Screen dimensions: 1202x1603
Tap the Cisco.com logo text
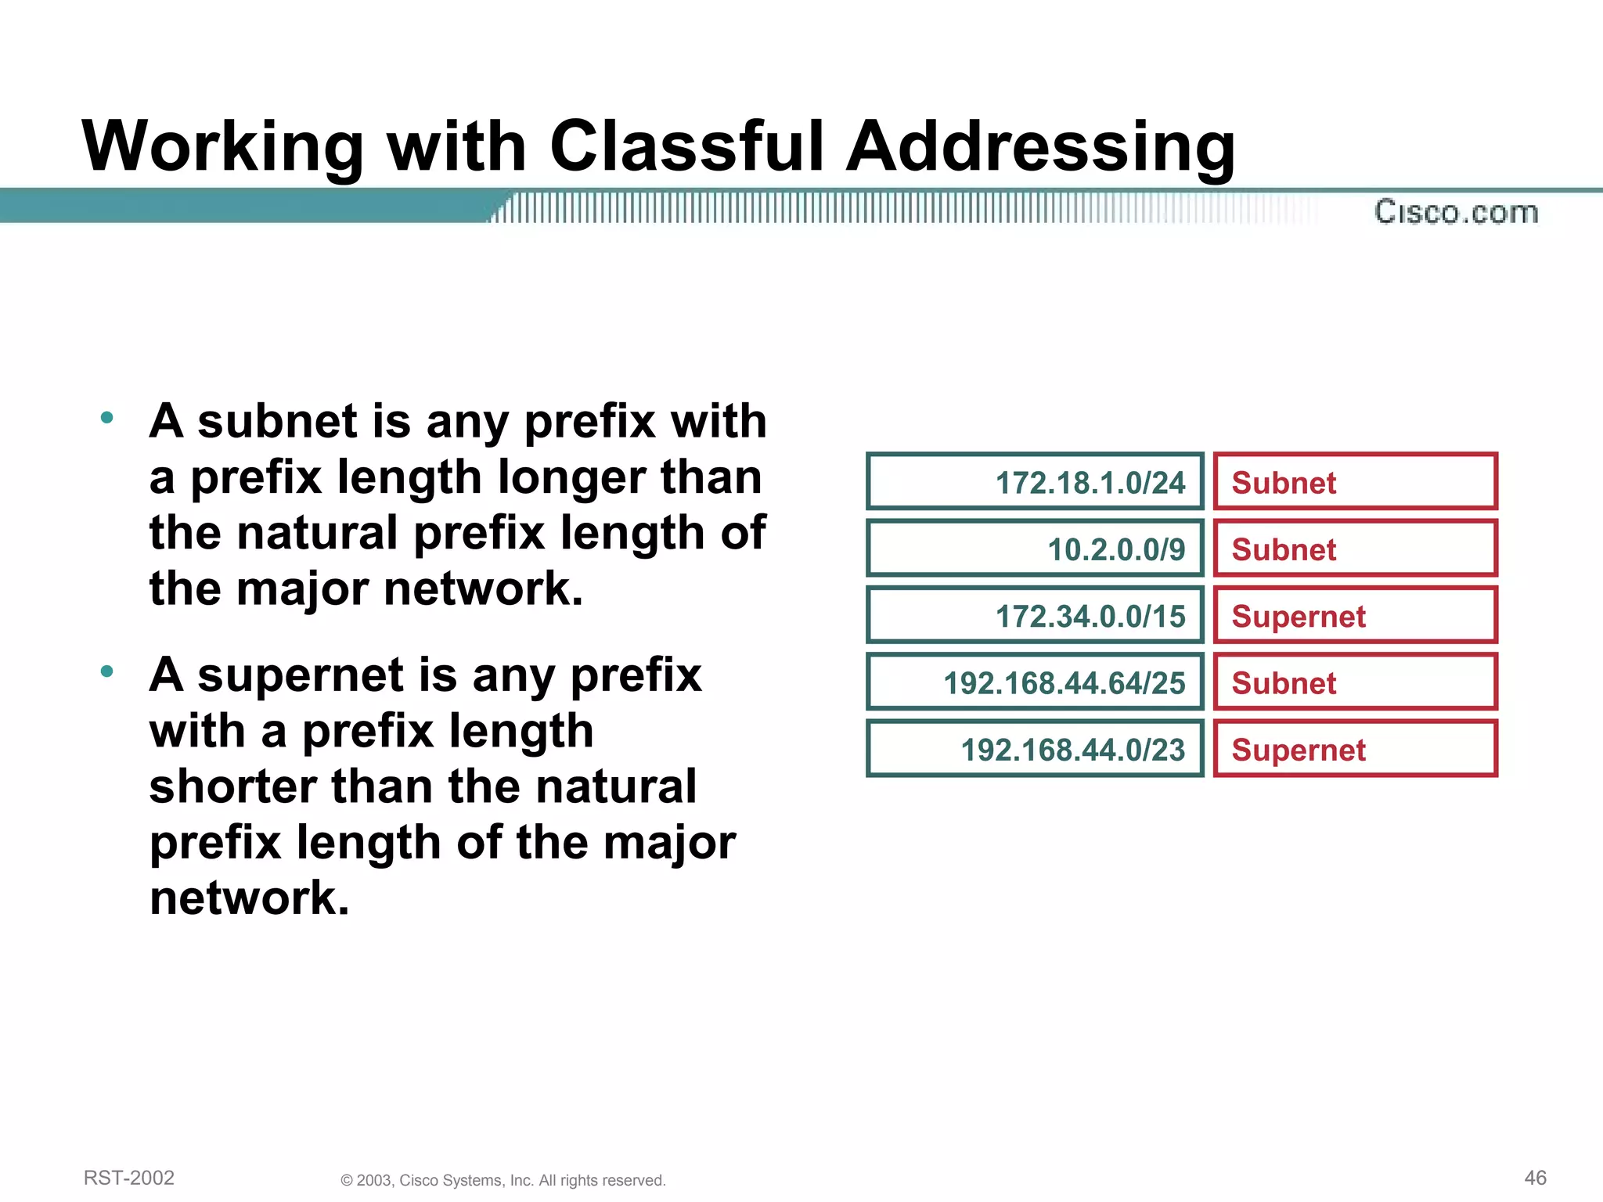1456,212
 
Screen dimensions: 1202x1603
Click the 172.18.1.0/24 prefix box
1035,482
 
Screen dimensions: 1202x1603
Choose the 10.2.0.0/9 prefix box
1035,549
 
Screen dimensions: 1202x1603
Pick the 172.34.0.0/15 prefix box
1035,616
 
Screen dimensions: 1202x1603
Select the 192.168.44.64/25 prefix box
1035,682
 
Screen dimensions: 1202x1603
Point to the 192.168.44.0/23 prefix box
1035,749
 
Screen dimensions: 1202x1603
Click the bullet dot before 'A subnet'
107,417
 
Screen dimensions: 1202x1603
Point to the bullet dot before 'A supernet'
107,671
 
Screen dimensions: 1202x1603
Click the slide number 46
1535,1178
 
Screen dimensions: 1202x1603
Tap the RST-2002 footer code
129,1178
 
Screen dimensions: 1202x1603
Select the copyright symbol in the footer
347,1181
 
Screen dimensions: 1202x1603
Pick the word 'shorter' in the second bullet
233,786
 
